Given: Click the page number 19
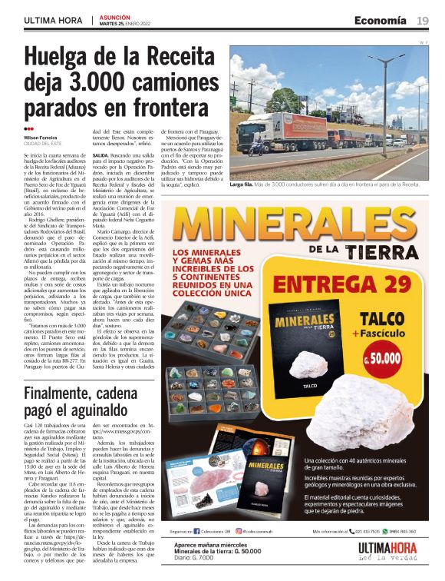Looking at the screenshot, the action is coord(423,19).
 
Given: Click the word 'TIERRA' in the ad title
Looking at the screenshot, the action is coord(374,251).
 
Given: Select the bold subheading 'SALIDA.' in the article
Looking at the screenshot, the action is coord(101,154).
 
